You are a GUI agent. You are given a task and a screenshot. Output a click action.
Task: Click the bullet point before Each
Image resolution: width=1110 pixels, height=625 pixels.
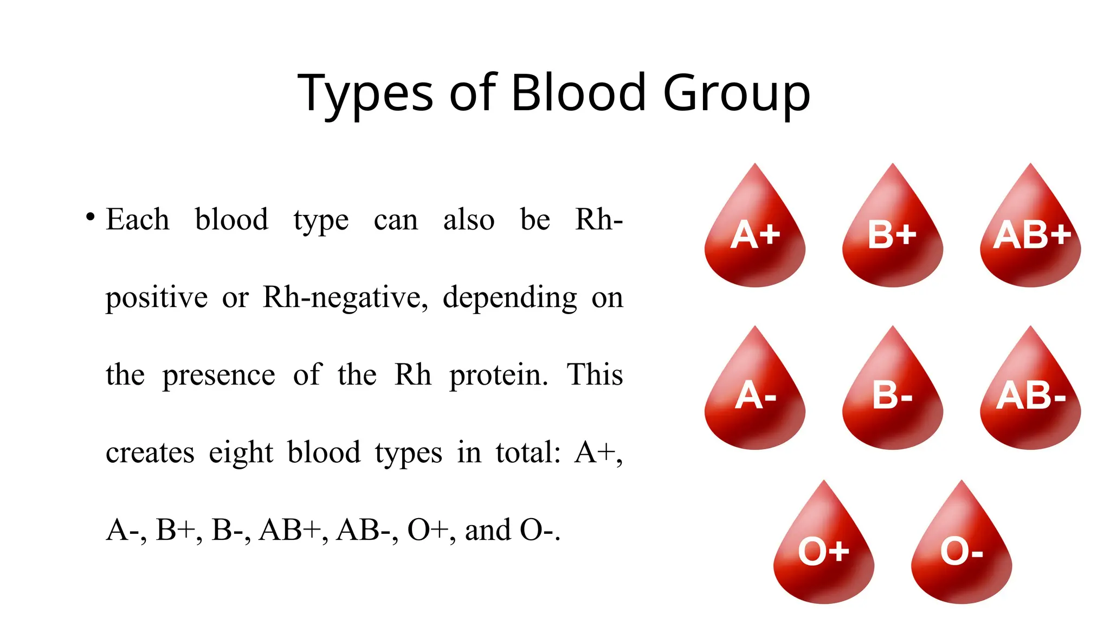coord(91,217)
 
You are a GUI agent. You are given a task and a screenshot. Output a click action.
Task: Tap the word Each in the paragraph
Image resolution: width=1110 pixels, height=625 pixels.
coord(138,220)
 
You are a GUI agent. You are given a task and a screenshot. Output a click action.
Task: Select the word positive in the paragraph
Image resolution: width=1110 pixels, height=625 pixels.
coord(157,298)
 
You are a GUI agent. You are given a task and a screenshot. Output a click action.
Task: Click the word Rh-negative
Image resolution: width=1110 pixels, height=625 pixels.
coord(345,298)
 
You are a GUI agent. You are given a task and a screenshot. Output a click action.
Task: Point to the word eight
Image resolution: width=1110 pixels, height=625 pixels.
coord(241,453)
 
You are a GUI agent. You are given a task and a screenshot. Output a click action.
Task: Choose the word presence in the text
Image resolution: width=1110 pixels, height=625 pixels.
coord(219,375)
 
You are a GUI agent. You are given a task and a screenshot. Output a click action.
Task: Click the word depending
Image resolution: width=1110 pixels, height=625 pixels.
coord(510,298)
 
